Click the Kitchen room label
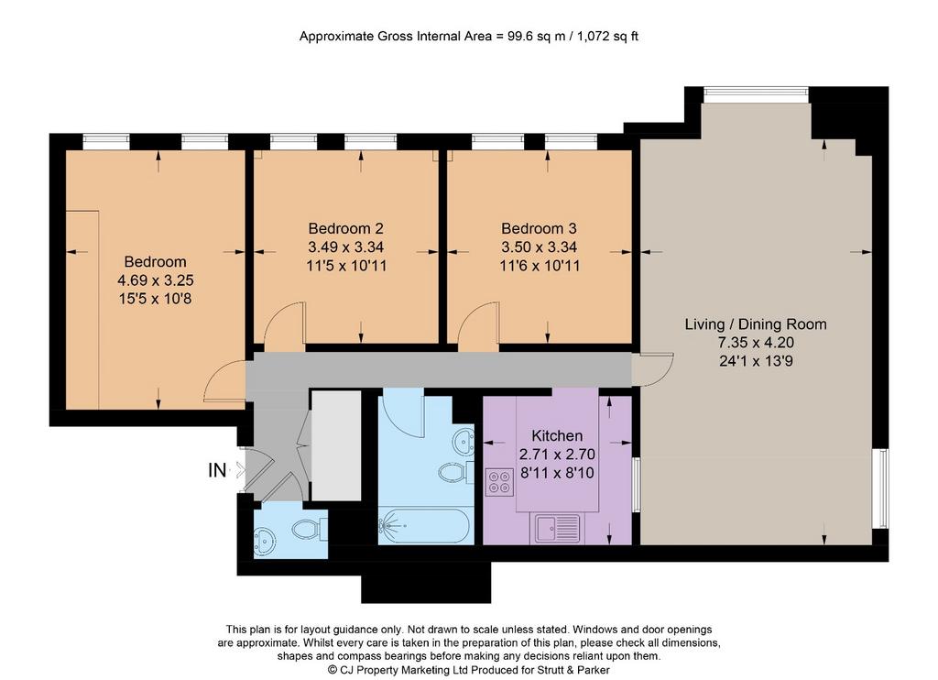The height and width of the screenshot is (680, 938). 557,436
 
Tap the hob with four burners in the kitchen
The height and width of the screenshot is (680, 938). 499,482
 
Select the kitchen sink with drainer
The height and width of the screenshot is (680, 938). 558,528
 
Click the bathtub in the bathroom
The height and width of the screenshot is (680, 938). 424,527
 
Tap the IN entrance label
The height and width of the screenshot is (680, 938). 217,470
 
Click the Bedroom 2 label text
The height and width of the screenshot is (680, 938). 345,228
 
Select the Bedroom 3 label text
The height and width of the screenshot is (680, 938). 539,228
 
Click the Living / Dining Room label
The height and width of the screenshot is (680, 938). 756,324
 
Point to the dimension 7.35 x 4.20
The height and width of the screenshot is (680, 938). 756,343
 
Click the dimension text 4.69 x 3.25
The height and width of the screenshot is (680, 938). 155,280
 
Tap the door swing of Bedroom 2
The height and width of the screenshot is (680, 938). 285,326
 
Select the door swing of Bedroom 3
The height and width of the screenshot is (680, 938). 478,326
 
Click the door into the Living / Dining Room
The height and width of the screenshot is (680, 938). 652,368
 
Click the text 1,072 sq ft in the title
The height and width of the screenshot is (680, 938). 608,36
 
